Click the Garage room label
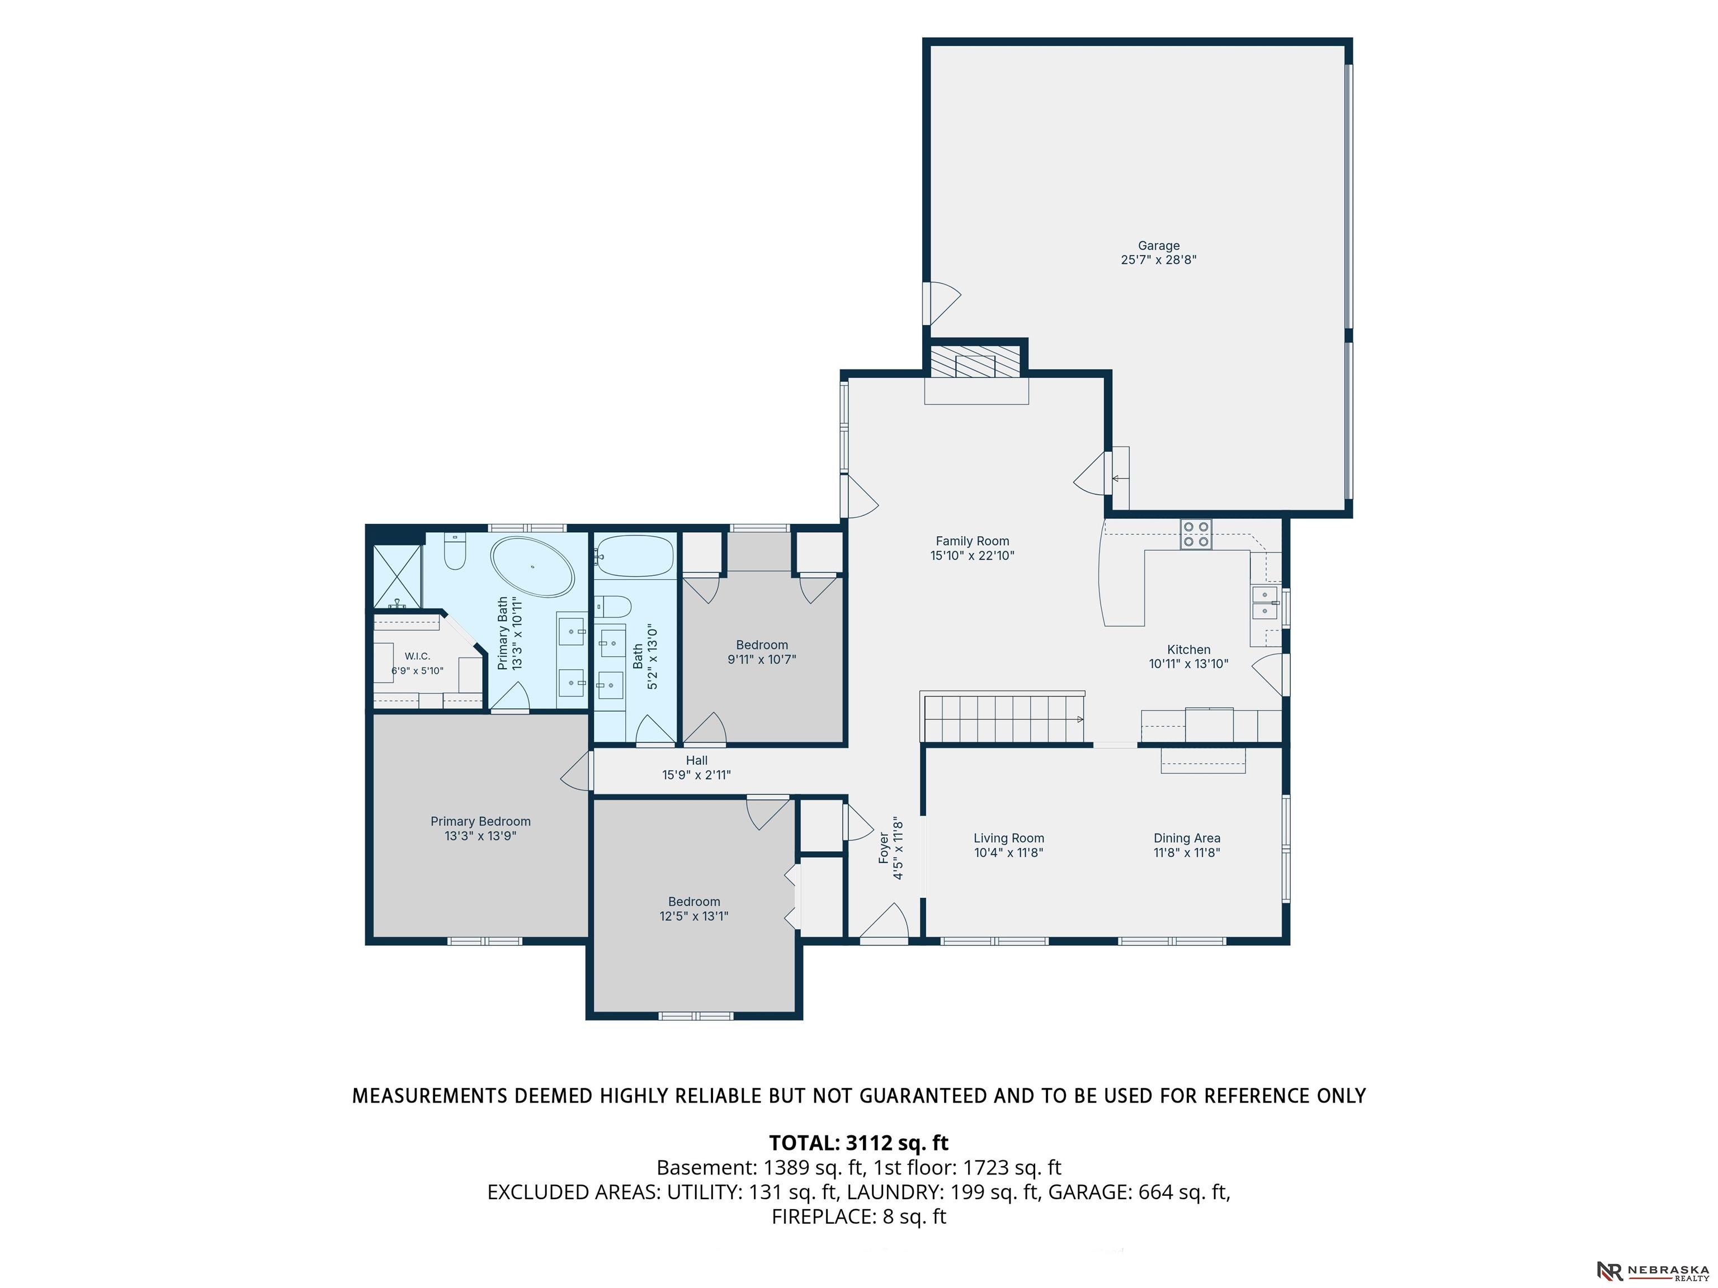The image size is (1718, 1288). pyautogui.click(x=1158, y=246)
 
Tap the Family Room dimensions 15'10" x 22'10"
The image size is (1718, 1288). pyautogui.click(x=973, y=556)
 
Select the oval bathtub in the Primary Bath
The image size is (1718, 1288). pyautogui.click(x=533, y=567)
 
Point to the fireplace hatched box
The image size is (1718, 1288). pyautogui.click(x=975, y=362)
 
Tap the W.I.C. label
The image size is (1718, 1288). pyautogui.click(x=417, y=657)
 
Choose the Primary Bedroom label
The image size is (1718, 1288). pyautogui.click(x=481, y=821)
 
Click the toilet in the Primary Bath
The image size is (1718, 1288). pyautogui.click(x=454, y=551)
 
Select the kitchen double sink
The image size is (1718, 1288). pyautogui.click(x=1264, y=603)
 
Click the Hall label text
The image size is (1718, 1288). pyautogui.click(x=697, y=761)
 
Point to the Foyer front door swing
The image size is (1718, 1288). pyautogui.click(x=884, y=924)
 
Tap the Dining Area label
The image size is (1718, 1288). pyautogui.click(x=1187, y=839)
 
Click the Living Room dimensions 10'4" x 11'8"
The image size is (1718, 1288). pyautogui.click(x=1009, y=853)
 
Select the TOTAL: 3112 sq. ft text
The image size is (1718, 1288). pyautogui.click(x=859, y=1143)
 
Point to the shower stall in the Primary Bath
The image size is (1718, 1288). pyautogui.click(x=398, y=576)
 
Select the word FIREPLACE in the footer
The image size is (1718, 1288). pyautogui.click(x=824, y=1216)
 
